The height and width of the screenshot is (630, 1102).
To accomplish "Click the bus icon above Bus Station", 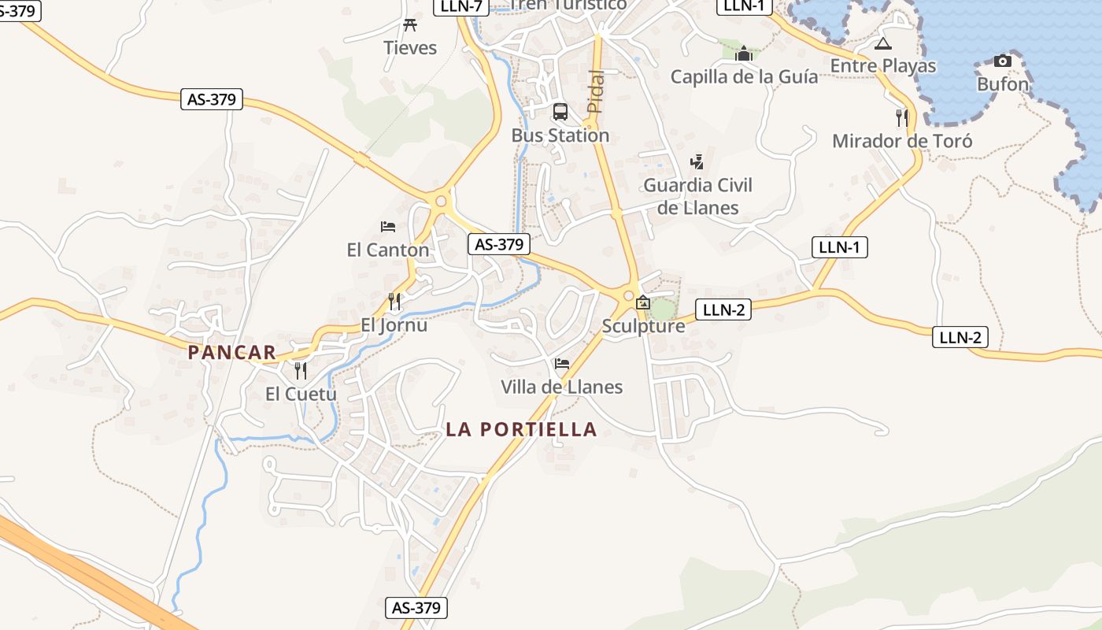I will pyautogui.click(x=560, y=112).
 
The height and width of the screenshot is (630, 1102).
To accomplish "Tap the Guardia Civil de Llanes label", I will pyautogui.click(x=698, y=196).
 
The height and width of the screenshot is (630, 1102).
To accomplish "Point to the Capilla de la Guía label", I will pyautogui.click(x=744, y=76).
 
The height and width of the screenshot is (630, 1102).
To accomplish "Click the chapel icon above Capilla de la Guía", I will pyautogui.click(x=744, y=54).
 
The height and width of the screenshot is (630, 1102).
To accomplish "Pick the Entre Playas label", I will pyautogui.click(x=883, y=65).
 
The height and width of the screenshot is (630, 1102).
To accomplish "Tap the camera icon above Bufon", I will pyautogui.click(x=1002, y=61).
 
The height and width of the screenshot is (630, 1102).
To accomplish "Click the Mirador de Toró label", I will pyautogui.click(x=902, y=141).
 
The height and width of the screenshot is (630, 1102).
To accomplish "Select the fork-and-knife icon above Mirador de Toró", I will pyautogui.click(x=902, y=118).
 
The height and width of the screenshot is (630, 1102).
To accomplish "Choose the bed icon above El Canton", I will pyautogui.click(x=388, y=227).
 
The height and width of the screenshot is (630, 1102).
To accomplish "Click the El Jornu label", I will pyautogui.click(x=394, y=324).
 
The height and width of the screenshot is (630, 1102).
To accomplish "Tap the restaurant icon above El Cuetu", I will pyautogui.click(x=301, y=370).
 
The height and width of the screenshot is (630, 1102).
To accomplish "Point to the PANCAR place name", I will pyautogui.click(x=232, y=352).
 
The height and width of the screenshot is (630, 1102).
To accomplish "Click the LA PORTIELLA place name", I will pyautogui.click(x=521, y=429).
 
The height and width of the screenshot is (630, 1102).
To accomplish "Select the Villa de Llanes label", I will pyautogui.click(x=562, y=387).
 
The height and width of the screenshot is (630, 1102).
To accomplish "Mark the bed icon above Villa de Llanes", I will pyautogui.click(x=562, y=363).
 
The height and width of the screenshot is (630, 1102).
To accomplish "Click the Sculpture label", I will pyautogui.click(x=643, y=325).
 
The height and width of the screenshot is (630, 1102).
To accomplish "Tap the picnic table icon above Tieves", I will pyautogui.click(x=409, y=25).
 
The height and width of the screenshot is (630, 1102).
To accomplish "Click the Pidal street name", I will pyautogui.click(x=597, y=91).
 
